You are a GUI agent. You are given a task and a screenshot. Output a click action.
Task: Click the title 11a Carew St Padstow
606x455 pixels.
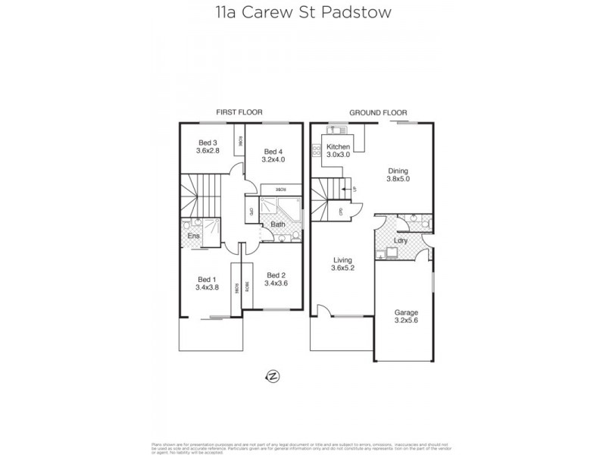(x=302, y=13)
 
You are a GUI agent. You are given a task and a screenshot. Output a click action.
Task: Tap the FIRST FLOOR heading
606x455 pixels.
(x=234, y=112)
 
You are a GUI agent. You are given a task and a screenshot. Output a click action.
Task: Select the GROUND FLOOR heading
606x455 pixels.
(x=371, y=112)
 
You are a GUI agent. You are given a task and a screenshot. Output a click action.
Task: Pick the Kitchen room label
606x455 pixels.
(x=338, y=146)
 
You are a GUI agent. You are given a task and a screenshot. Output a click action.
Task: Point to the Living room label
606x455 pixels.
(x=344, y=259)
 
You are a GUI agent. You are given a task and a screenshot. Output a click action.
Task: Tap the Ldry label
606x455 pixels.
(x=401, y=240)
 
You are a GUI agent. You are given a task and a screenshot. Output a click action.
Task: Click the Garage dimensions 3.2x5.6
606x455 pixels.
(x=407, y=320)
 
